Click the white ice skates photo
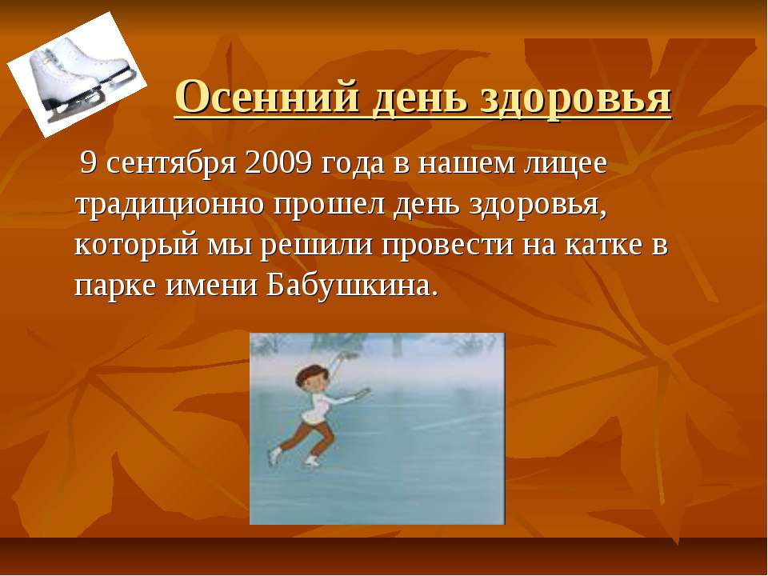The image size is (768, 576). click(x=76, y=74)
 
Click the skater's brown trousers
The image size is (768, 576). click(x=308, y=436)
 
